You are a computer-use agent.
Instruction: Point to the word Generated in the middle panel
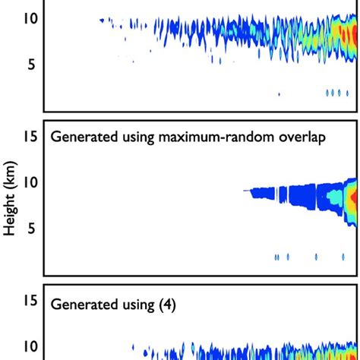point(81,137)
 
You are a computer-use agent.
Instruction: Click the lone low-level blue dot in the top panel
point(279,94)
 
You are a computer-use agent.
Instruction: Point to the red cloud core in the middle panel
point(352,200)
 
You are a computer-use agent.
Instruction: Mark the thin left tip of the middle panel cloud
point(246,191)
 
